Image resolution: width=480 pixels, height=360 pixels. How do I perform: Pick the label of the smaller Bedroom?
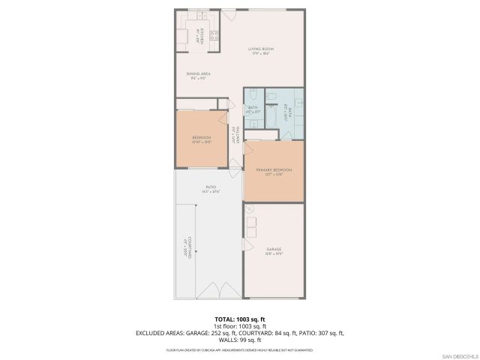[x=201, y=139]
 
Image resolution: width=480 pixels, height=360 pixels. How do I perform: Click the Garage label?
[x=274, y=250]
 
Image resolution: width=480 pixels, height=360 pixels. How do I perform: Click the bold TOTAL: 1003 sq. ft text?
[x=239, y=319]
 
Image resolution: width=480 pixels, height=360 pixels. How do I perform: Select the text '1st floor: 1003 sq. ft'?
[x=239, y=326]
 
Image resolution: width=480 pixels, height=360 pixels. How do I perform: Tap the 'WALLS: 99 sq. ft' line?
[x=239, y=339]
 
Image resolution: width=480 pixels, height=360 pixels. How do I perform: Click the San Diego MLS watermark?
[x=460, y=355]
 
